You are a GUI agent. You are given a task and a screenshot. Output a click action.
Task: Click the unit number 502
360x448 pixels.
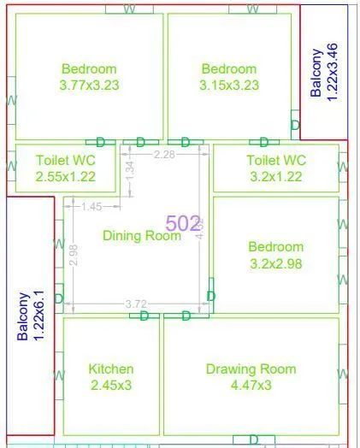(183, 223)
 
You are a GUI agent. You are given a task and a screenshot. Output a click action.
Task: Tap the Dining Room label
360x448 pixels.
(142, 235)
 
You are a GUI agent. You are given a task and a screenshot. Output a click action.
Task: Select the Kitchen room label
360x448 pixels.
(111, 369)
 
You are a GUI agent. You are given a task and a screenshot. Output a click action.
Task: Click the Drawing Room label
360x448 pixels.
(251, 369)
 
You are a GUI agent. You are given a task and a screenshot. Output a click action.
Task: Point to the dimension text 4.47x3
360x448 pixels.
(251, 385)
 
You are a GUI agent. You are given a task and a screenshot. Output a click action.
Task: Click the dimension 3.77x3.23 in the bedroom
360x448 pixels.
(89, 85)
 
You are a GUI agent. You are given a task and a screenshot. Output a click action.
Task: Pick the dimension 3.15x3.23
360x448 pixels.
(228, 85)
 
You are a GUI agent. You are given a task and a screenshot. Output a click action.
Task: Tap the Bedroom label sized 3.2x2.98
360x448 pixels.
(275, 247)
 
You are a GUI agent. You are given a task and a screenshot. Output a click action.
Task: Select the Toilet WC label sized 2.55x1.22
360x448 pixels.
(65, 160)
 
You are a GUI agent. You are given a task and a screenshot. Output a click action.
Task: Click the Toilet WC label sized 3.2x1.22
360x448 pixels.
(275, 160)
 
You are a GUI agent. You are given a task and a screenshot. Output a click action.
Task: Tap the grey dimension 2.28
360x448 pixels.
(165, 155)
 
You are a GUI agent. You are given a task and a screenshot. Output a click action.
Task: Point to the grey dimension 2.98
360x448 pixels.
(74, 255)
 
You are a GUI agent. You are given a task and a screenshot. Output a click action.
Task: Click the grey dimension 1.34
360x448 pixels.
(130, 168)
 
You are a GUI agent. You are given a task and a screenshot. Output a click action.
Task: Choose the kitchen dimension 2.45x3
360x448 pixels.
(111, 385)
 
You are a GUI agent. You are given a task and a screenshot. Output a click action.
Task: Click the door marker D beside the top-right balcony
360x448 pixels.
(295, 126)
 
